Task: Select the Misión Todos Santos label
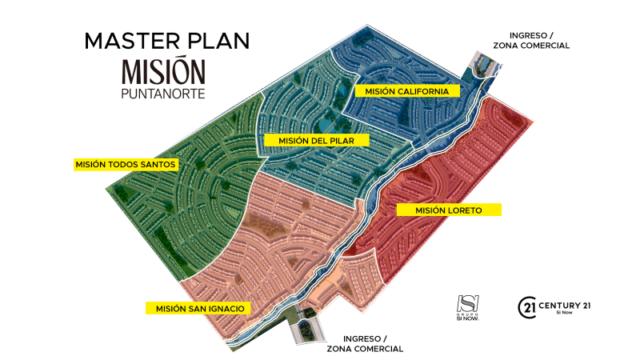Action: pyautogui.click(x=125, y=164)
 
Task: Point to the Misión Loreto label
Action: pyautogui.click(x=448, y=210)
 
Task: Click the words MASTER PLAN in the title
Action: pyautogui.click(x=166, y=40)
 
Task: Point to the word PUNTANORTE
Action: pyautogui.click(x=163, y=94)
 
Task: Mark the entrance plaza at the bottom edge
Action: pyautogui.click(x=306, y=329)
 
